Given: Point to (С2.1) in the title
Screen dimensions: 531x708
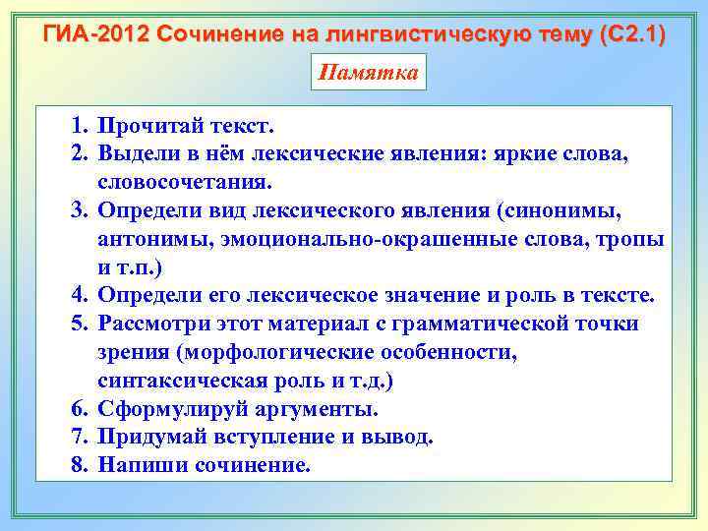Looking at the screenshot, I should click(x=628, y=35).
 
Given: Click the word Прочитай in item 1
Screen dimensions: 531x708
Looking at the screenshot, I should click(x=161, y=127).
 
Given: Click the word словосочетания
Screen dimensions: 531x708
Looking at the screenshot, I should click(x=183, y=183).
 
